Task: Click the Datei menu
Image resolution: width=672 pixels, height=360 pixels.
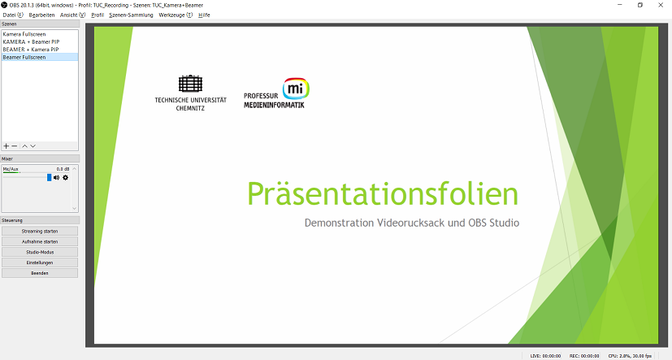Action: [x=13, y=15]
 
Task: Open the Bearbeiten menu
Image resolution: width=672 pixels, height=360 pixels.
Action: [x=41, y=15]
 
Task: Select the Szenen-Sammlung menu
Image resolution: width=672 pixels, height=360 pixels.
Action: [x=131, y=15]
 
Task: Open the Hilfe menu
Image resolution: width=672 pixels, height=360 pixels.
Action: [x=204, y=15]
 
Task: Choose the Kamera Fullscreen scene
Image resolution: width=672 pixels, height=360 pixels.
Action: [x=24, y=34]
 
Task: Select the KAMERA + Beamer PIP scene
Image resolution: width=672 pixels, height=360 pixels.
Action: [x=31, y=42]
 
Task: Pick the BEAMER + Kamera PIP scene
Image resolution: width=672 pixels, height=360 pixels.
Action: [x=30, y=50]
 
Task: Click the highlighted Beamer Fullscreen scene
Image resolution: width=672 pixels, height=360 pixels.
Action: [x=24, y=58]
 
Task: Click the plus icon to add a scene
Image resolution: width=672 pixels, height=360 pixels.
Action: [x=6, y=146]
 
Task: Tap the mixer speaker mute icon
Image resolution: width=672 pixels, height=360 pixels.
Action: [x=57, y=177]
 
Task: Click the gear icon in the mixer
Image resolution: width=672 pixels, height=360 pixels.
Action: [x=66, y=177]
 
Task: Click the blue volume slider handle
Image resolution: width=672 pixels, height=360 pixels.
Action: [x=50, y=177]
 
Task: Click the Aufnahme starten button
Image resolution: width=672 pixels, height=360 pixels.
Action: [x=40, y=241]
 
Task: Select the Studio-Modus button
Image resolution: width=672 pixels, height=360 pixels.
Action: [x=40, y=252]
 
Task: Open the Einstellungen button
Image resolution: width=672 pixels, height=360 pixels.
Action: [x=40, y=262]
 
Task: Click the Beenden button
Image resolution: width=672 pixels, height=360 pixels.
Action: [x=40, y=273]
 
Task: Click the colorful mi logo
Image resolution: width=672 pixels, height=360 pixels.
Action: [x=296, y=89]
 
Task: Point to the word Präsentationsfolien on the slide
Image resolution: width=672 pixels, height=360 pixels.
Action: [x=383, y=194]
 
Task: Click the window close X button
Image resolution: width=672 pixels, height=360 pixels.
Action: [x=661, y=5]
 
